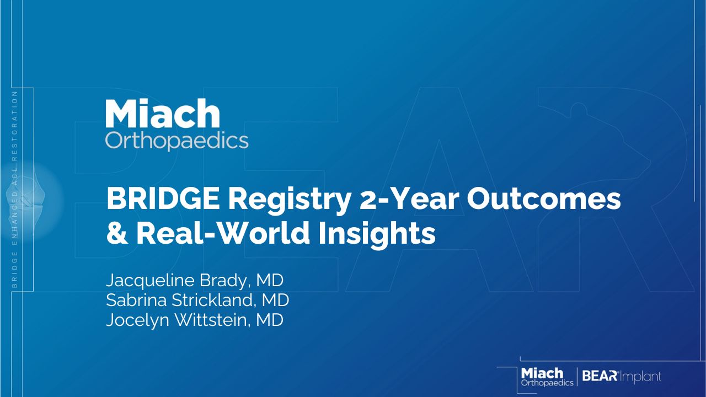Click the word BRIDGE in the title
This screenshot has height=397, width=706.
163,198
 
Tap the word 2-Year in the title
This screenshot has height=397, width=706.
409,198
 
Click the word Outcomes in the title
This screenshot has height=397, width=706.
544,198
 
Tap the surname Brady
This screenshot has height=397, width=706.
223,281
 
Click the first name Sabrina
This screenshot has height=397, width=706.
136,300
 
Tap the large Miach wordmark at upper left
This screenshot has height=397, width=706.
163,113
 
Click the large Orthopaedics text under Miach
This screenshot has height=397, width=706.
177,141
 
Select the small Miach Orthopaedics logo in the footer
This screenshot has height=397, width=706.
547,377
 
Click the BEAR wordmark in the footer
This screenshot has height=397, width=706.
600,376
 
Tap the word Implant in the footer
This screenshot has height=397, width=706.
641,377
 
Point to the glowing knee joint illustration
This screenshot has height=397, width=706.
31,202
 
